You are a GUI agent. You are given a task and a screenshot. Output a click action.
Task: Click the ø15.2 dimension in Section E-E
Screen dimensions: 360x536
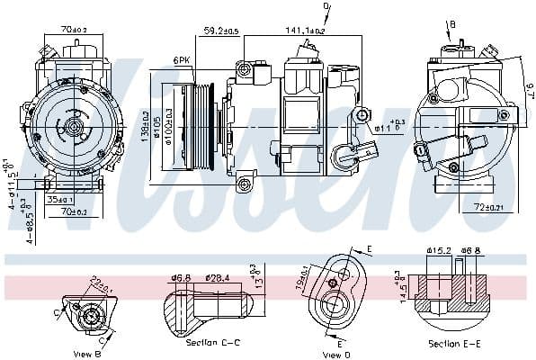tap(437, 251)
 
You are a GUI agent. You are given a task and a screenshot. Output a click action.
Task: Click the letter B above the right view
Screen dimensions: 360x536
tap(451, 24)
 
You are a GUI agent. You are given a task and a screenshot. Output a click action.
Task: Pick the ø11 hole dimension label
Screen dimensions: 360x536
tap(384, 128)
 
